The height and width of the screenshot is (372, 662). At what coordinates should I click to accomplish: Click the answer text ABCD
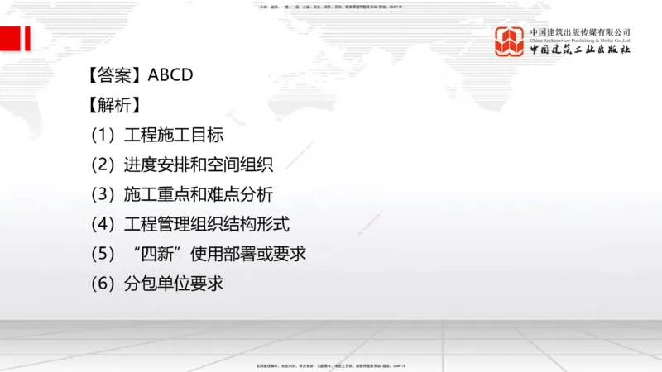170,75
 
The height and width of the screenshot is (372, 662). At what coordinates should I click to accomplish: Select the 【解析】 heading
113,105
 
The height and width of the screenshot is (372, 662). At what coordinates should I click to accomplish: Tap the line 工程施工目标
173,135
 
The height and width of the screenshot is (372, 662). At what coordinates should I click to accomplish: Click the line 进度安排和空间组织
198,165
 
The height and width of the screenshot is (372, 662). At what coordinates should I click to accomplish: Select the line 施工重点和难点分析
198,194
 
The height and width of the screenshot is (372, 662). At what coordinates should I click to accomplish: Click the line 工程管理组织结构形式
206,224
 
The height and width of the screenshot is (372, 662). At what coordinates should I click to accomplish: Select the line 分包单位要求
173,284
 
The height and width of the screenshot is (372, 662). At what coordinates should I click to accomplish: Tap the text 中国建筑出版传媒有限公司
580,31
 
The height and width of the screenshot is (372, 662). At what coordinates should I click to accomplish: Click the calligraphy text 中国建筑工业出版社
580,50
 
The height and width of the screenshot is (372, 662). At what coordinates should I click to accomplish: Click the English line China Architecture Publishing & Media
580,40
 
